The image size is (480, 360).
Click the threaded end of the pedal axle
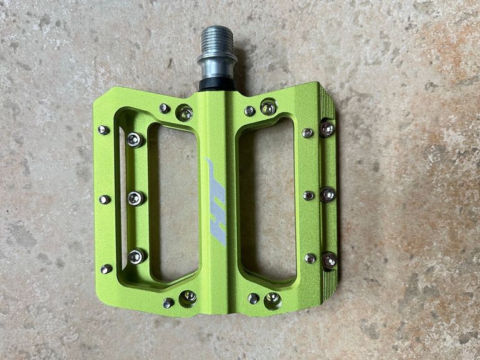(x=218, y=40)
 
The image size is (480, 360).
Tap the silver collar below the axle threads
(x=218, y=66)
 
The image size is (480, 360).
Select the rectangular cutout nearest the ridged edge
(x=266, y=201)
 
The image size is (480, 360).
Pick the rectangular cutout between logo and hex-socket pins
(x=173, y=202)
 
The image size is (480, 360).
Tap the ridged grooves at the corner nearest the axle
(x=327, y=101)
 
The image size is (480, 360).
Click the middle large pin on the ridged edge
(x=327, y=194)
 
